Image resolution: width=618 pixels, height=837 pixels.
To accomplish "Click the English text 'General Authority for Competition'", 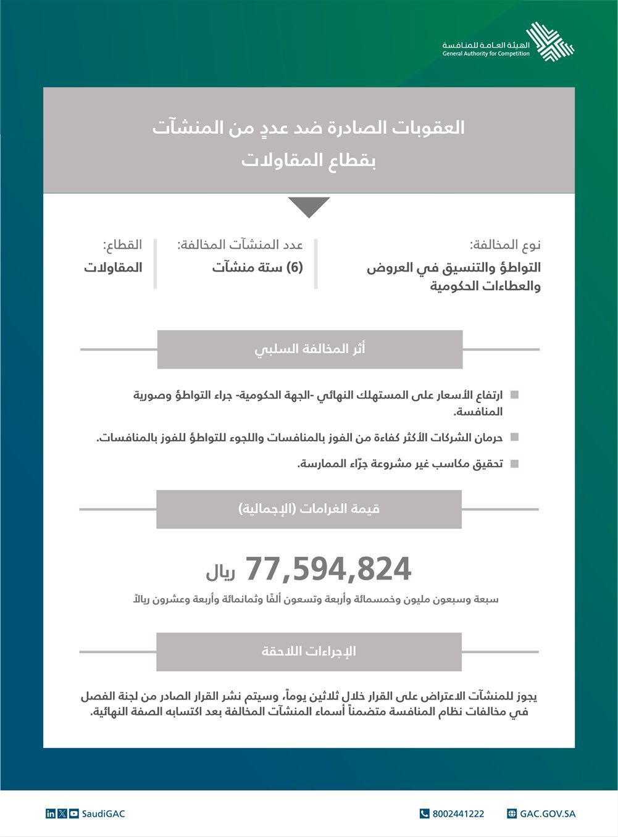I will [x=486, y=54].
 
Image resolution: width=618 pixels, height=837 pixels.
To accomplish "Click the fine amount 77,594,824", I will [x=328, y=569].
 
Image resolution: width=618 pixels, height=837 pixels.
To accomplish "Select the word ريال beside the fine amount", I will [x=221, y=572].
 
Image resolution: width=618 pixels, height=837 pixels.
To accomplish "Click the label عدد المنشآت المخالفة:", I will [x=240, y=245].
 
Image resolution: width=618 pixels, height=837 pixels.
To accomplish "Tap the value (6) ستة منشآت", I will [x=257, y=267].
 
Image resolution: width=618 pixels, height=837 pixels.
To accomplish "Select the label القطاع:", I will [x=122, y=245].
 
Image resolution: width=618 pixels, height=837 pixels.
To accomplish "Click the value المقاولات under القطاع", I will [x=113, y=267].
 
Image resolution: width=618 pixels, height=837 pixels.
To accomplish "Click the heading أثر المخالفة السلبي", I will [x=310, y=349].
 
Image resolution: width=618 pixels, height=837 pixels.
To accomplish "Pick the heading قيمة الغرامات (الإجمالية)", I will [x=309, y=509].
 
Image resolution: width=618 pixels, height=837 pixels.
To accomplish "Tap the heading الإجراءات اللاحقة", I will [x=309, y=652].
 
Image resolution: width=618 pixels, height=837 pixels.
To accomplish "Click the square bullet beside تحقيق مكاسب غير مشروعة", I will [x=515, y=464].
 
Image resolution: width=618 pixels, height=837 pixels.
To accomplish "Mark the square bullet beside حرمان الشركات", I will [x=515, y=438].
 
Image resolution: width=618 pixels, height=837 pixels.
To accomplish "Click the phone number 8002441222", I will [x=458, y=814].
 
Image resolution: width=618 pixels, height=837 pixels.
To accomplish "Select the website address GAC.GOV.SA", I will [x=547, y=814].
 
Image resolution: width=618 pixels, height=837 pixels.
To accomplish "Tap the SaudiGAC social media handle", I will [x=103, y=814].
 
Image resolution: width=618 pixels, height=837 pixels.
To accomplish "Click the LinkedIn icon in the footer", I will [x=51, y=814].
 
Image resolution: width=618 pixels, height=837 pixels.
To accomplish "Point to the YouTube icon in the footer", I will [x=74, y=814].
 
